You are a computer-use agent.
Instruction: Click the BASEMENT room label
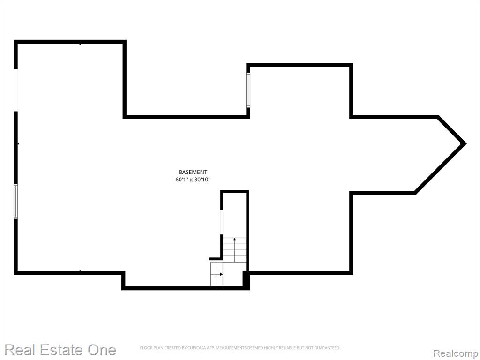tap(193, 172)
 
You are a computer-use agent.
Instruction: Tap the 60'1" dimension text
tap(182, 180)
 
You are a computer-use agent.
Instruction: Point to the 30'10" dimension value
tap(202, 180)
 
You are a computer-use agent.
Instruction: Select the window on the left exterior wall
tap(15, 201)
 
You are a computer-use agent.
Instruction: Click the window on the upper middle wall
tap(248, 90)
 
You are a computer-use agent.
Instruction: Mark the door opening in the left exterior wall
tap(16, 90)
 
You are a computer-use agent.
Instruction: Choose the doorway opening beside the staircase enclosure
tap(222, 223)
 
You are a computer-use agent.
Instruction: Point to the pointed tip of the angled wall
tap(465, 143)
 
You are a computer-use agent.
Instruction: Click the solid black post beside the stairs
tap(246, 280)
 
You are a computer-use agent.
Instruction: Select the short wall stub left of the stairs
tap(215, 259)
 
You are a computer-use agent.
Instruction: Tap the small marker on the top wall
tap(80, 45)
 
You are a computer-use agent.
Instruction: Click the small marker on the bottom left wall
tap(80, 270)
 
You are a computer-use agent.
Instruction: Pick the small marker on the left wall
tap(18, 143)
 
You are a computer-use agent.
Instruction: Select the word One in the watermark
tap(102, 350)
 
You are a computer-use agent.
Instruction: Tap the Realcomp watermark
tap(456, 353)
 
